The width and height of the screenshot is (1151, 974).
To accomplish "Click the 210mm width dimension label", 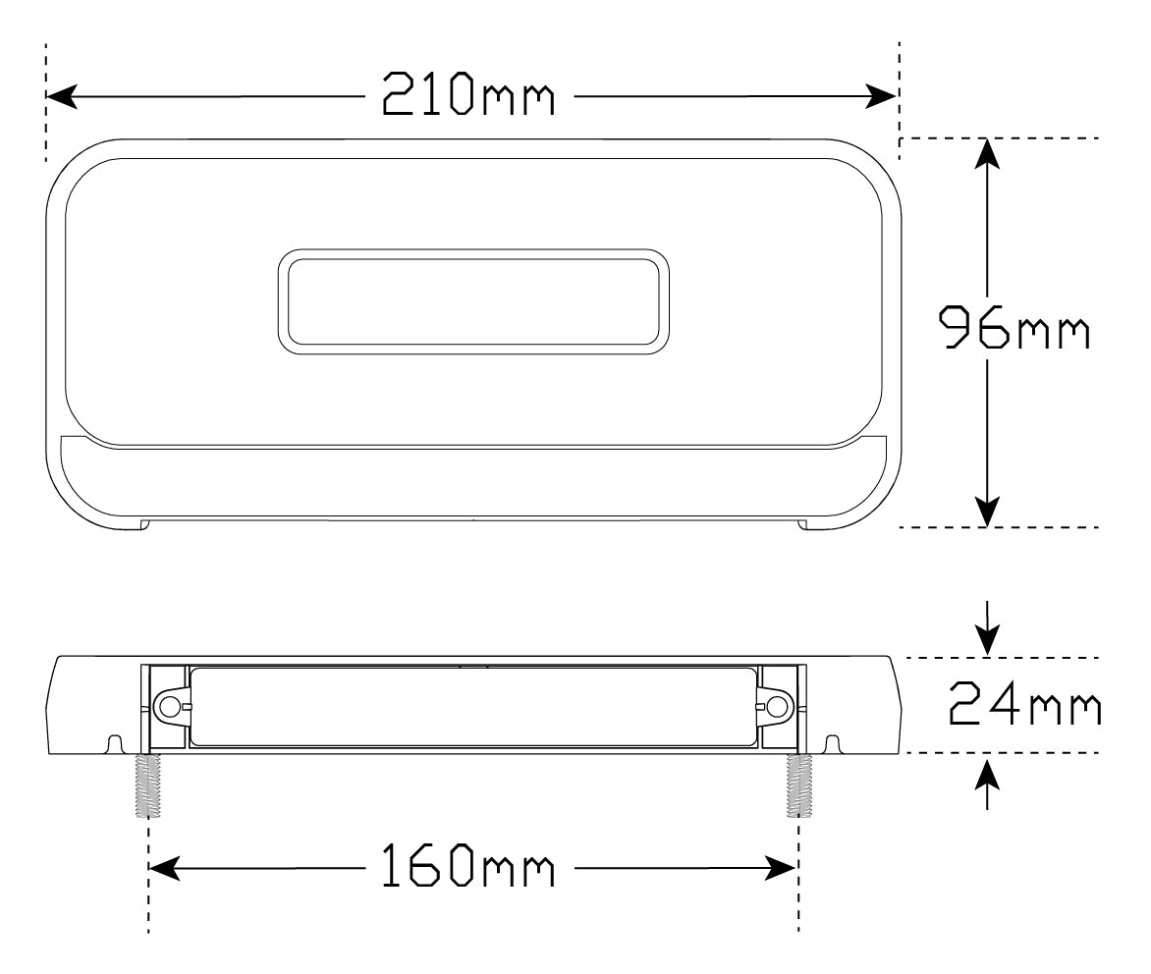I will pos(468,96).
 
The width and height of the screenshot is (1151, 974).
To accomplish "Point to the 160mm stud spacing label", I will pos(468,868).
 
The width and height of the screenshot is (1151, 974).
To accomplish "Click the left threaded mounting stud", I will pos(148,785).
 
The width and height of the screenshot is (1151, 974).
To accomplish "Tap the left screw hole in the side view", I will pos(169,706).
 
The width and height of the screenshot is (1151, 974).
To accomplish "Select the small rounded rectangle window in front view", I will pos(473,301).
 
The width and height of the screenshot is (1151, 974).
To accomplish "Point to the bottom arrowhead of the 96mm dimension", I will pos(987,512).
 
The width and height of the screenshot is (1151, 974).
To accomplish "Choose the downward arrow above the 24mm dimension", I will pos(987,638).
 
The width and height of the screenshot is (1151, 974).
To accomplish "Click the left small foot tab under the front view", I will pos(143,525).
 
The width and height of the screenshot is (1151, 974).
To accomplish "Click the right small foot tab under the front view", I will pos(803,525).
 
